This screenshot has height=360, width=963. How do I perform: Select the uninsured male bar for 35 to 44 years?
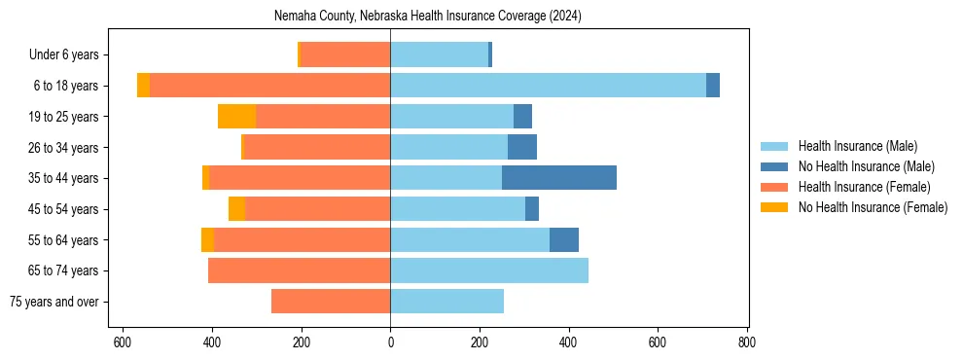558,178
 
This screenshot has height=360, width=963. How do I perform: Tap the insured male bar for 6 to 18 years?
548,86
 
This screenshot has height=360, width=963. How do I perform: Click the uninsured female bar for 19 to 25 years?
236,117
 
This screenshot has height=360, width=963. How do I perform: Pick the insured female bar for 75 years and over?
331,302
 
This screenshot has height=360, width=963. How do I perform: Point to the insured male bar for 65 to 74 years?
489,270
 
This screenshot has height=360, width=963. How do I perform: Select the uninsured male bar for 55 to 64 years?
564,240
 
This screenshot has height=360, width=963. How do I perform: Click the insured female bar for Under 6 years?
345,55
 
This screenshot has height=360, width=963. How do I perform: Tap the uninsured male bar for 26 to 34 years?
522,148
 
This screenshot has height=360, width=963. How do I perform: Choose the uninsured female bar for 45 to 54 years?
236,209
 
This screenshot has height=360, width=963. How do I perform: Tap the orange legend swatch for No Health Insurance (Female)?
775,207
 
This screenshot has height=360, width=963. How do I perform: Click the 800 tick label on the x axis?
747,342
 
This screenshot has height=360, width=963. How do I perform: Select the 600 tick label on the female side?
123,342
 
